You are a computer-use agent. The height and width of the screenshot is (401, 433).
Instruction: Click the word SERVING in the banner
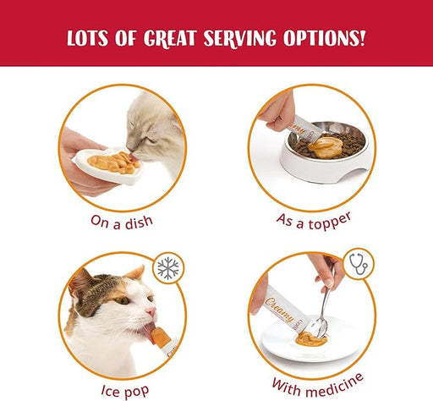[x=240, y=38]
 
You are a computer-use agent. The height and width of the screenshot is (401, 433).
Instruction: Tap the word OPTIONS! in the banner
[x=325, y=38]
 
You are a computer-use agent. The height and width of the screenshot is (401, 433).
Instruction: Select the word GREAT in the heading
[x=170, y=38]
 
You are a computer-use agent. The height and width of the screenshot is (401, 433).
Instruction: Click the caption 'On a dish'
[x=122, y=222]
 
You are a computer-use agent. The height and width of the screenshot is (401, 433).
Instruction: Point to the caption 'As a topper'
[x=314, y=221]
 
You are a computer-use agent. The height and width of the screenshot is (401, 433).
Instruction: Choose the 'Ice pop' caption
[x=125, y=391]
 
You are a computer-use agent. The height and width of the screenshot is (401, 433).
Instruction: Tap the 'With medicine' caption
[x=318, y=386]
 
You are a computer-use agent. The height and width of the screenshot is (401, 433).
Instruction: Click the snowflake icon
[x=168, y=267]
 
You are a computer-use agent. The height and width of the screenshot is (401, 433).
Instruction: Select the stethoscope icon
[x=359, y=264]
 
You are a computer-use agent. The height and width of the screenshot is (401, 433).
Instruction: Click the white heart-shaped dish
[x=108, y=166]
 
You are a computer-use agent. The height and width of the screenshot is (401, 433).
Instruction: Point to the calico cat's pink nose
[x=151, y=311]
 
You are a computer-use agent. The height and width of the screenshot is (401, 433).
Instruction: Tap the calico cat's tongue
[x=149, y=332]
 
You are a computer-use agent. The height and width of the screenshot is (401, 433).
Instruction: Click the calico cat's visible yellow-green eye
[x=123, y=300]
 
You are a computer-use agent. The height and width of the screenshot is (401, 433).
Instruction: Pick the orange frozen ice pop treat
[x=159, y=337]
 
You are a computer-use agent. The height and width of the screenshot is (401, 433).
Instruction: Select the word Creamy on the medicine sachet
[x=280, y=310]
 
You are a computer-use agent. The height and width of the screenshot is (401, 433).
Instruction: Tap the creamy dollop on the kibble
[x=326, y=147]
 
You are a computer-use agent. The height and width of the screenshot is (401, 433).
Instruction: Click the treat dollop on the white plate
[x=311, y=340]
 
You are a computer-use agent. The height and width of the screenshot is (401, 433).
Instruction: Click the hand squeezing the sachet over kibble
[x=277, y=113]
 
